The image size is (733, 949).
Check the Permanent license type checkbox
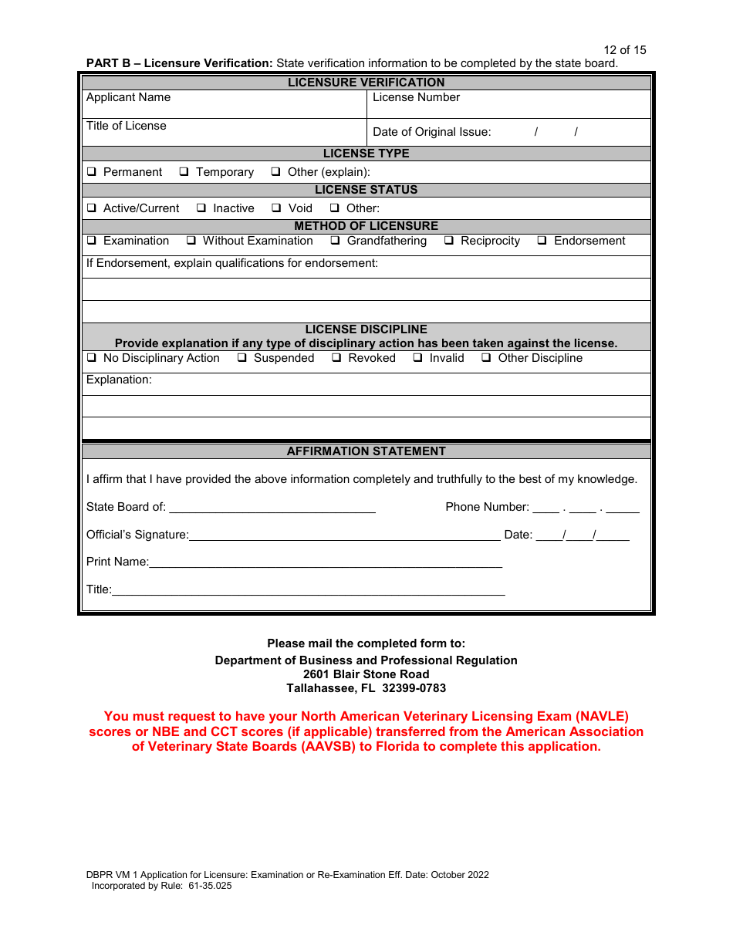coord(92,172)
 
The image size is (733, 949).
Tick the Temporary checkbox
coord(184,172)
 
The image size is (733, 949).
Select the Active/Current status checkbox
coord(92,208)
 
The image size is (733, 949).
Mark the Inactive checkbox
coord(201,208)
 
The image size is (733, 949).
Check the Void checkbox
coord(276,208)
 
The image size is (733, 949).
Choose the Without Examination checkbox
coord(191,241)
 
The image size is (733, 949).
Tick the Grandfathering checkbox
coord(336,241)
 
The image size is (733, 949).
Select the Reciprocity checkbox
coord(449,241)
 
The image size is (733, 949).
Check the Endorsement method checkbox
coord(542,241)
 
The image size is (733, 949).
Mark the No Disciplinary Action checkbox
coord(92,358)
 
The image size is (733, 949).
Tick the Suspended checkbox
coord(242,358)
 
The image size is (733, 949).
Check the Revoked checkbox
coord(336,358)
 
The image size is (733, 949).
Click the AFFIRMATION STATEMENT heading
coord(366,451)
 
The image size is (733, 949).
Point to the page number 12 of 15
coord(624,50)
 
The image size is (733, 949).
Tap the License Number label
coord(416,97)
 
